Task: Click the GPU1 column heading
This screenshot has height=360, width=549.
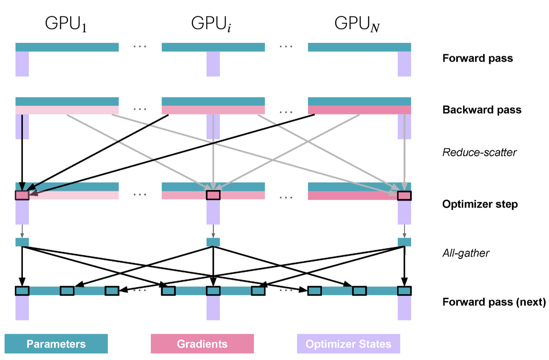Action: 66,24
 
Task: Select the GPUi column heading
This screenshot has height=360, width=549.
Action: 211,24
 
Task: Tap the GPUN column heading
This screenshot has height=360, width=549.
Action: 357,24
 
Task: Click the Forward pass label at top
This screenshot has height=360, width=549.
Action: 477,58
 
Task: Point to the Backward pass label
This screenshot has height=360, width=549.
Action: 482,110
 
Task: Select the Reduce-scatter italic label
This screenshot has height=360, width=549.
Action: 479,153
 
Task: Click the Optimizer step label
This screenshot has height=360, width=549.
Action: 480,204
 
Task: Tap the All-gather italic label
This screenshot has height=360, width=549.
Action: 466,253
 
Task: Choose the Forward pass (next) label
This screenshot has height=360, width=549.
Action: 494,302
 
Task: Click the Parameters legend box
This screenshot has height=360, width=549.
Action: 56,344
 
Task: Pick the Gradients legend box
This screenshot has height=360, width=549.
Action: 202,344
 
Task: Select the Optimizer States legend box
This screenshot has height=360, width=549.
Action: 348,344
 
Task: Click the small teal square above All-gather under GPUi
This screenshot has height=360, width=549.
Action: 213,242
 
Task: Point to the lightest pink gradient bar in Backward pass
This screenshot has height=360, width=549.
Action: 67,110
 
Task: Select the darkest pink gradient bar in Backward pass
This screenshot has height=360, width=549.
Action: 359,110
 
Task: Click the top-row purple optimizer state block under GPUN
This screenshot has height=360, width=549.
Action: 404,64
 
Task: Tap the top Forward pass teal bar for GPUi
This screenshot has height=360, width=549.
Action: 213,47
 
